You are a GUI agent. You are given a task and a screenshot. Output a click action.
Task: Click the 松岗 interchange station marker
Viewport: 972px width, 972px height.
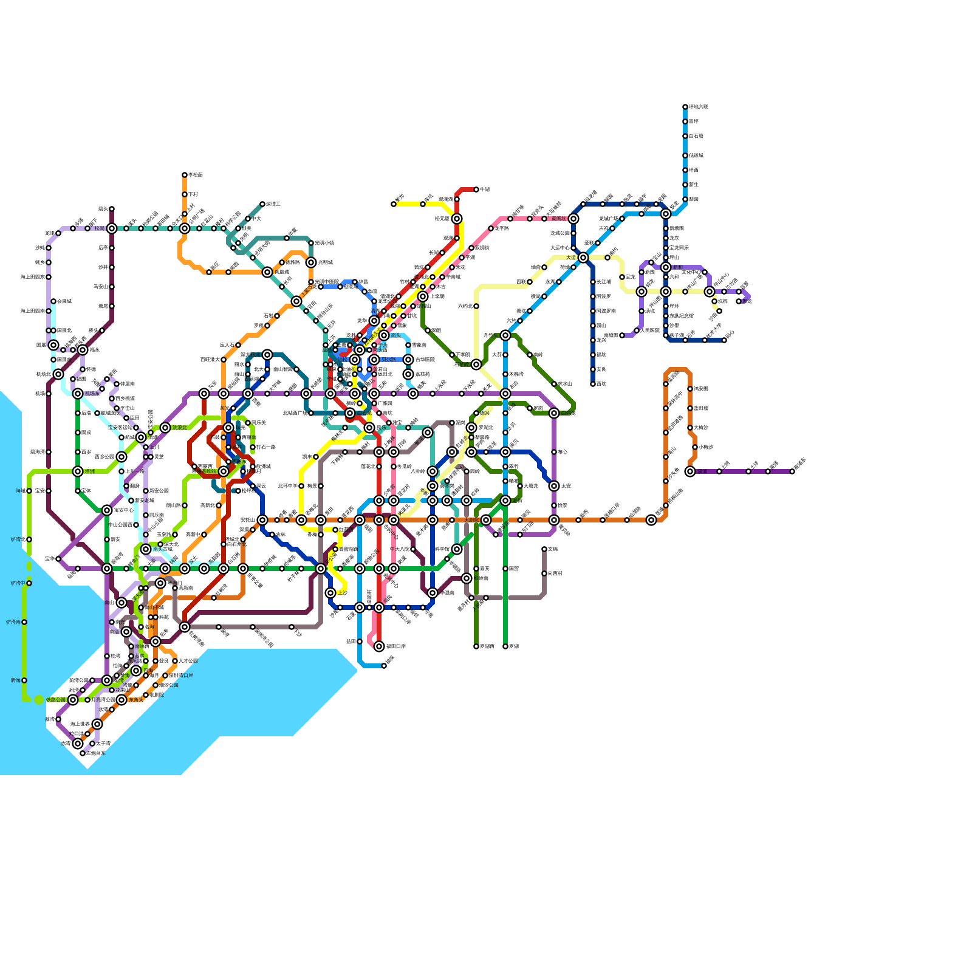(x=112, y=228)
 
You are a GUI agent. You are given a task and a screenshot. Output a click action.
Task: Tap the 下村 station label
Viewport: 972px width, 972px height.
(x=193, y=194)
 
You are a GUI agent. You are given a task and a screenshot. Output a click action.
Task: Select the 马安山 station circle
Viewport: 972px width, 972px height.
(x=112, y=287)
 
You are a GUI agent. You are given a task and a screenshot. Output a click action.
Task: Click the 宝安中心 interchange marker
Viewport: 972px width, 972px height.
(x=107, y=510)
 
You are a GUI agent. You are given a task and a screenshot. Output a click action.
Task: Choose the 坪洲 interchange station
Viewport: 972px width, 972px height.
(x=78, y=471)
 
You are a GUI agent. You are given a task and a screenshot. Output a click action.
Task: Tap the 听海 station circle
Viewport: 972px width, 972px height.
(x=24, y=680)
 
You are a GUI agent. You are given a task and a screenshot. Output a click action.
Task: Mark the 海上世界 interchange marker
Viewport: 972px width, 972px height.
(x=97, y=724)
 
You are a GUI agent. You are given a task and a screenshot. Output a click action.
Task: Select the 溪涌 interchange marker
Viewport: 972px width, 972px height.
(x=690, y=471)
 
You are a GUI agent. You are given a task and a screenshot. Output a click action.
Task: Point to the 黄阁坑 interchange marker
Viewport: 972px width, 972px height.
(x=573, y=219)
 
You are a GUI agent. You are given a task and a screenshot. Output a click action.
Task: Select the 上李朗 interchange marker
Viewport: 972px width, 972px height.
(x=423, y=296)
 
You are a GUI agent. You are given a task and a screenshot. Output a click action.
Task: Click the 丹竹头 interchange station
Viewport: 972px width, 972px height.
(x=505, y=335)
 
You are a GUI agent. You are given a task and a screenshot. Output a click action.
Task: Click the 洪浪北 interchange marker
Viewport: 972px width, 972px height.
(x=165, y=428)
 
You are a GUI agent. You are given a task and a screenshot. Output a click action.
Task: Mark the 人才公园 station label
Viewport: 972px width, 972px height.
(x=188, y=661)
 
